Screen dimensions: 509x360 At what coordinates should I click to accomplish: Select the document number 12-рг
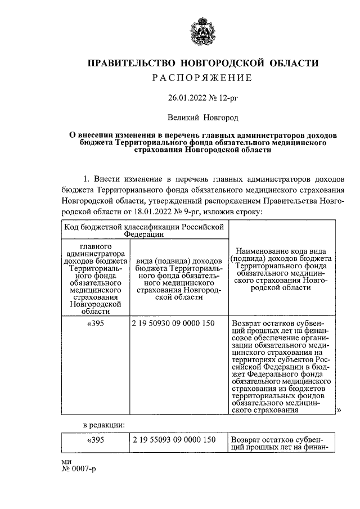click(227, 97)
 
